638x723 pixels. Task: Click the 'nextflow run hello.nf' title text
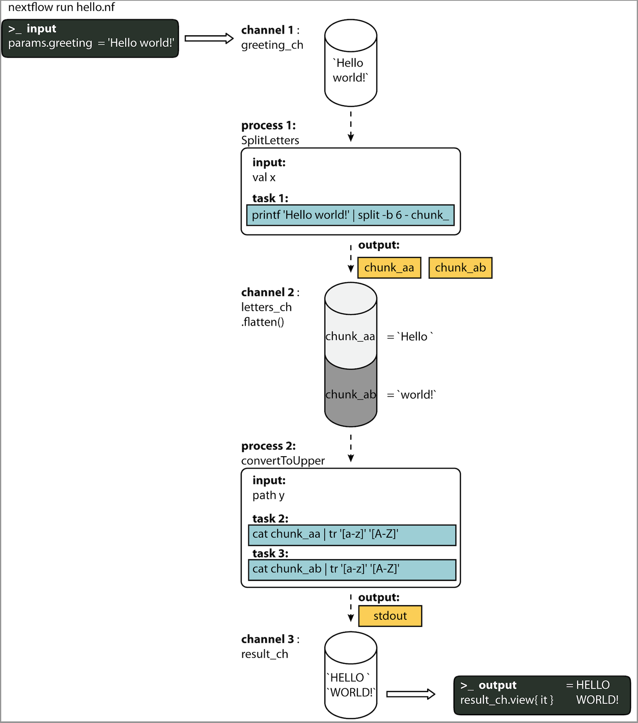pos(62,7)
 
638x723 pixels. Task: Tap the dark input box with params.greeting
pos(90,38)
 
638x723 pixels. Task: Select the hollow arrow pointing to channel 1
pos(209,38)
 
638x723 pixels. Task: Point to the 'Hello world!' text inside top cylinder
pos(350,70)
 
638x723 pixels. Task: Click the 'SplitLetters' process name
pos(270,140)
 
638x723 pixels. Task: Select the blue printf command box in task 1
pos(350,215)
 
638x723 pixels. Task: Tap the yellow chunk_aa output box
pos(389,268)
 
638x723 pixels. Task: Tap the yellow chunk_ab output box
pos(460,268)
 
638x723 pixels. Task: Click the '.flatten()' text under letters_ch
pos(263,322)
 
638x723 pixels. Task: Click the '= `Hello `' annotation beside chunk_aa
pos(410,336)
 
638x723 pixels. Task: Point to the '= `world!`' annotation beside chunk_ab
pos(411,395)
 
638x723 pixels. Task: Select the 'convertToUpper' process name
pos(283,461)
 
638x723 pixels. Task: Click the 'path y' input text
pos(268,495)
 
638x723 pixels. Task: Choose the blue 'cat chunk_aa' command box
pos(352,535)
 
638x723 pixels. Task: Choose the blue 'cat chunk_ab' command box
pos(352,570)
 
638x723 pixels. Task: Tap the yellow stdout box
pos(390,616)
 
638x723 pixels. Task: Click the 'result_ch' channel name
pos(265,654)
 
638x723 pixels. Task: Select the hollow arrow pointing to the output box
pos(410,694)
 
